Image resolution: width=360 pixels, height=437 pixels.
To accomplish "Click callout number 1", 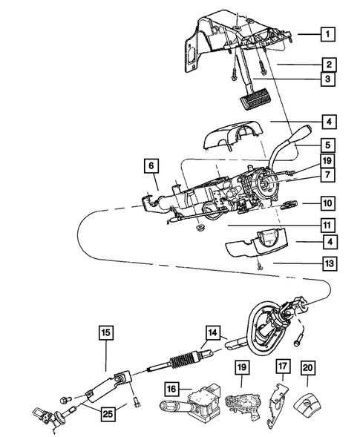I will point(327,33).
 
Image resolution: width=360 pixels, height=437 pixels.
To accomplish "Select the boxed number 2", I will point(327,65).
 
